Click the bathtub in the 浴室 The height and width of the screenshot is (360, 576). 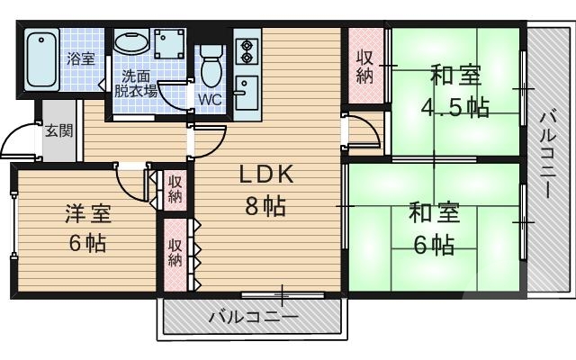pos(41,59)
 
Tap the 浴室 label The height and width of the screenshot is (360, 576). pos(82,58)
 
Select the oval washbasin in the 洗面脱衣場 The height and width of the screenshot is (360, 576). pos(133,45)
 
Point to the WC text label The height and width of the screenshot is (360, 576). pos(210,99)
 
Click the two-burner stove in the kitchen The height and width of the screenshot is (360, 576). pos(246,50)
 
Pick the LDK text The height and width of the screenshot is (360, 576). pos(266,174)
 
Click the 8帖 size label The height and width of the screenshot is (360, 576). pos(266,207)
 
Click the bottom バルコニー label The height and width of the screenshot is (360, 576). pos(252,317)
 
